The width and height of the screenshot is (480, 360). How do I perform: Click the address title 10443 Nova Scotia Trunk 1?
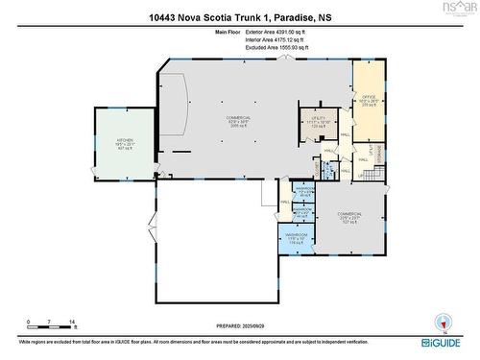pyautogui.click(x=239, y=16)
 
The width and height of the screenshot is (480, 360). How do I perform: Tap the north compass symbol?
pyautogui.click(x=443, y=323)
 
